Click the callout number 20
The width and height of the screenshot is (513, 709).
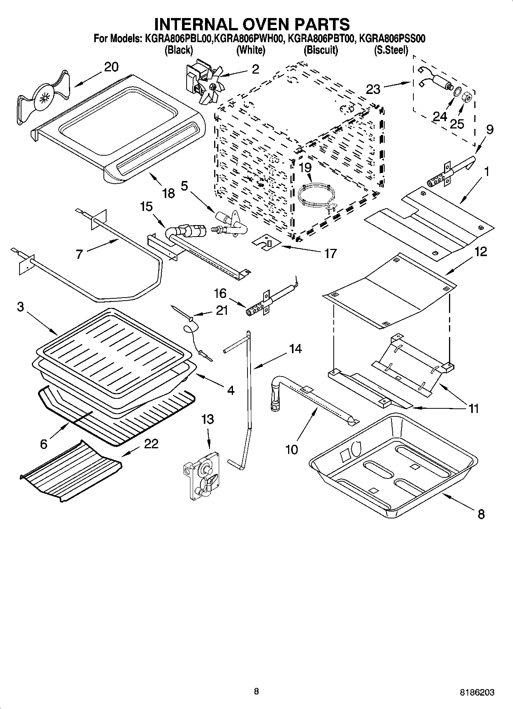111,67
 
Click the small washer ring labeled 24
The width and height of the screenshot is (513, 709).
457,93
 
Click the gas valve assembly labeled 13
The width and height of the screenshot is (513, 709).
201,475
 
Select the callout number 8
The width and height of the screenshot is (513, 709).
481,514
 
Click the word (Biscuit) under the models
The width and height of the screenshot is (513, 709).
321,50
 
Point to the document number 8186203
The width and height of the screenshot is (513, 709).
477,693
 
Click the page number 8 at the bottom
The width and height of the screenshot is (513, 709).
256,691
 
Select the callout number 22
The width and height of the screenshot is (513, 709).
151,444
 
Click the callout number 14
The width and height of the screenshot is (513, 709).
295,349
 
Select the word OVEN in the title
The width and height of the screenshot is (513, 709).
251,24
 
